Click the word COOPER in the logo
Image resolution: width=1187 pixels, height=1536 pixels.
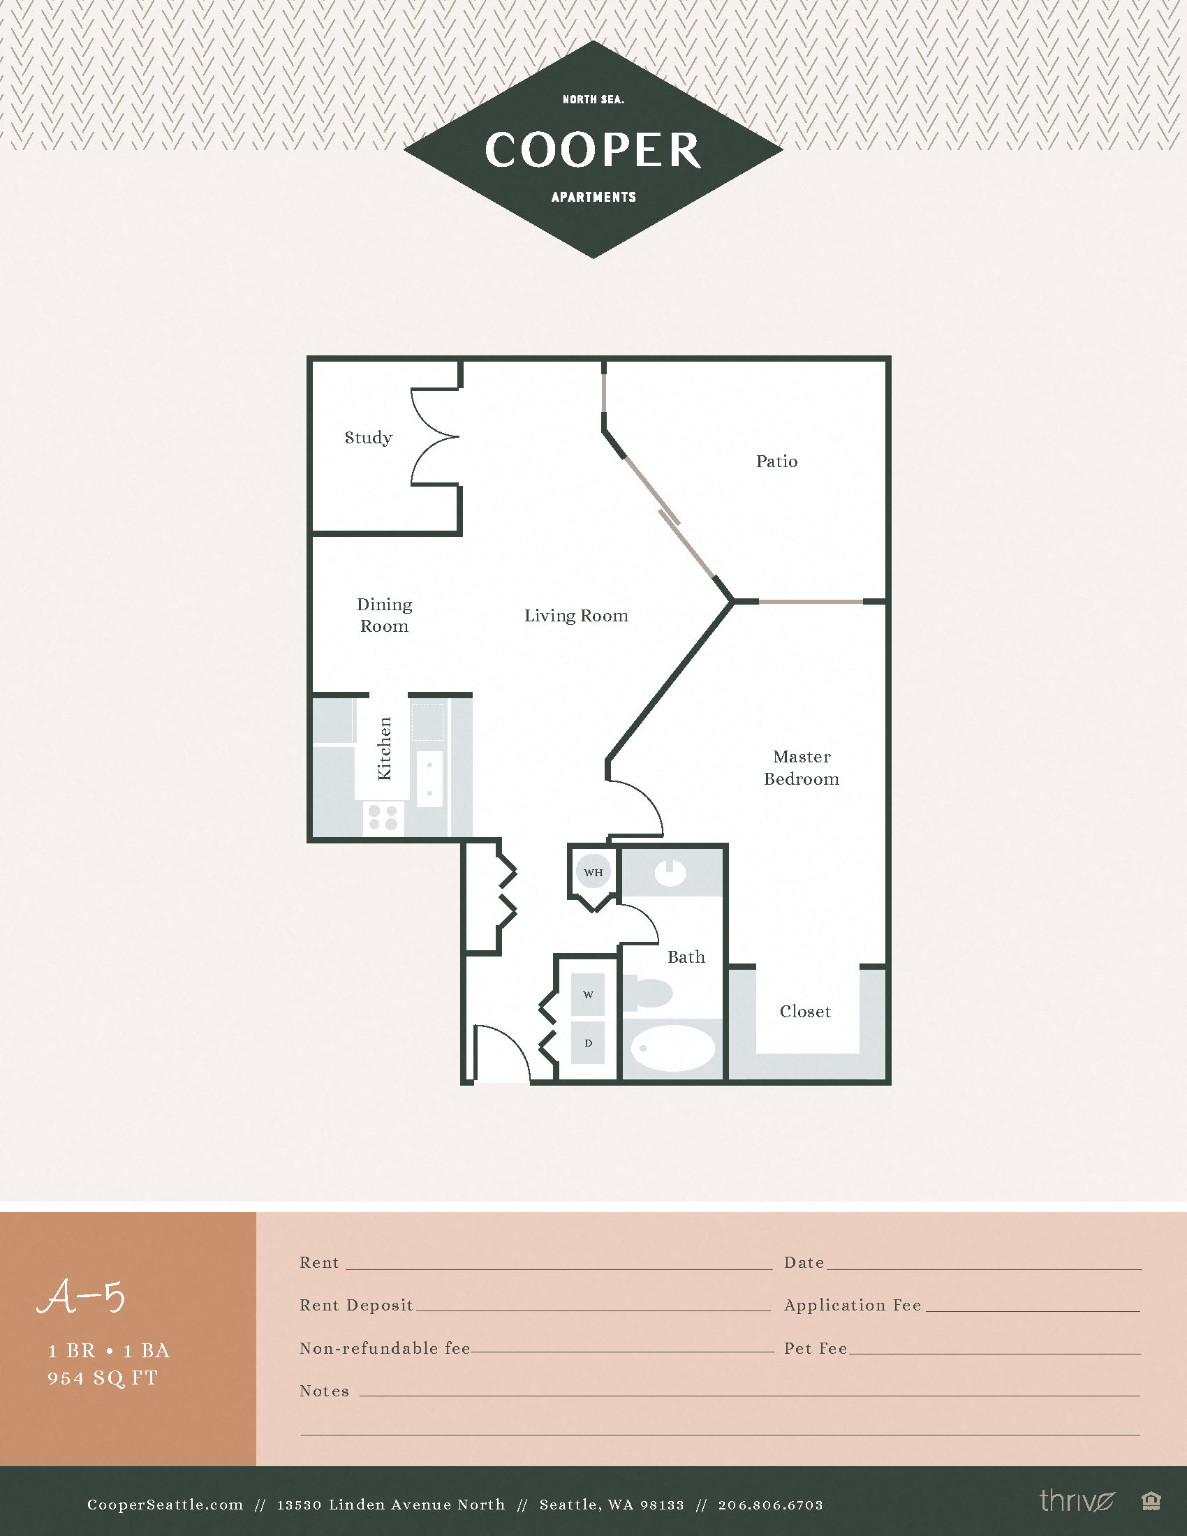[x=593, y=150]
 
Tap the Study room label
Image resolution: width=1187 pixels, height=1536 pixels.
[x=368, y=438]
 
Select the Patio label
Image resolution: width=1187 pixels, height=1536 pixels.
[x=776, y=461]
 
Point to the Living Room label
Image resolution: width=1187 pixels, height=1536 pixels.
[x=576, y=615]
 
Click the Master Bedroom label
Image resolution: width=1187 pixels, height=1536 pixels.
[x=801, y=767]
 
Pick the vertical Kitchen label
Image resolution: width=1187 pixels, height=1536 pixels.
[x=384, y=748]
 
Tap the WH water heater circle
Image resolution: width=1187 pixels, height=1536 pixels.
[x=593, y=872]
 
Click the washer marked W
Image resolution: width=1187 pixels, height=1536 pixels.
[x=588, y=994]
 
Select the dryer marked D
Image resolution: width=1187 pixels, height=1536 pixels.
[x=588, y=1042]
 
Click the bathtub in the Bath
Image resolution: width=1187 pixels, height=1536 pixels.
[x=672, y=1048]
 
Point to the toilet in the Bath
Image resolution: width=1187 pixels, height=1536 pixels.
[x=651, y=992]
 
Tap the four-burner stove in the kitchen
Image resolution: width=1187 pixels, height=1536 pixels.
[x=383, y=818]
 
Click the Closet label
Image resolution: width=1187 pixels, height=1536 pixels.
[x=805, y=1012]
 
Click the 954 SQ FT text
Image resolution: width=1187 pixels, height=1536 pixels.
[x=103, y=1378]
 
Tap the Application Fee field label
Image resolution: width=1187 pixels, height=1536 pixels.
[x=853, y=1305]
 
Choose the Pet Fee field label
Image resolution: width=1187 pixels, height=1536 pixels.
[x=815, y=1347]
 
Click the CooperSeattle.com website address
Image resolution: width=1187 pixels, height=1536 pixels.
[x=165, y=1505]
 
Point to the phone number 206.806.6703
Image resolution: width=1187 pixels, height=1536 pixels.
[x=770, y=1505]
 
